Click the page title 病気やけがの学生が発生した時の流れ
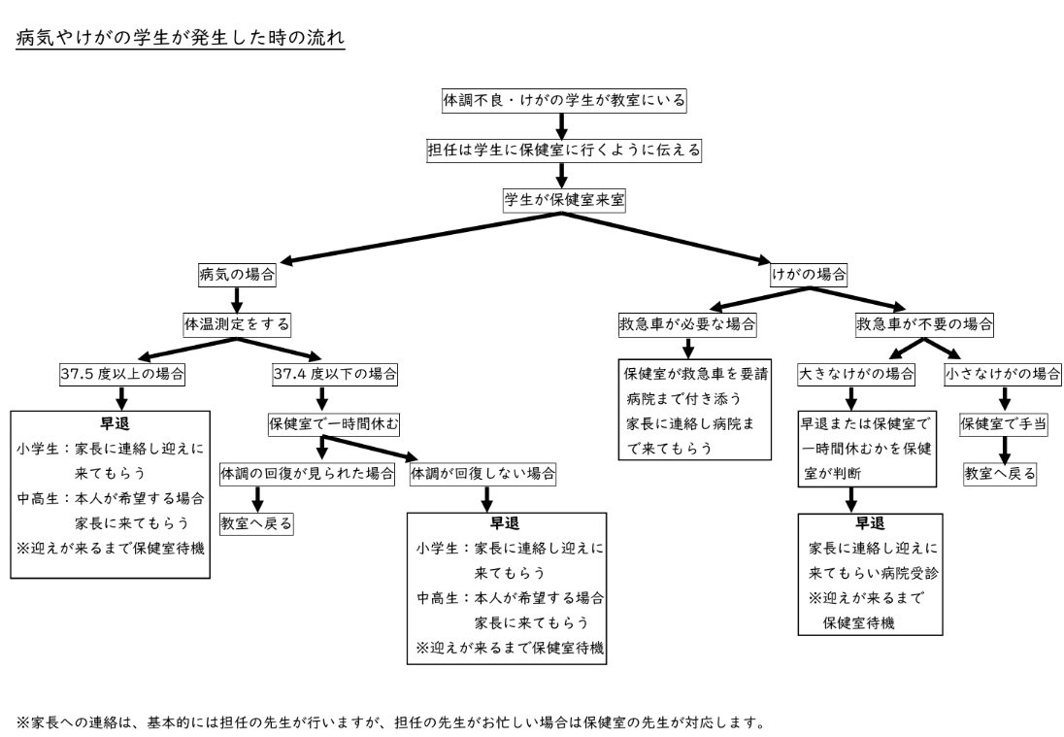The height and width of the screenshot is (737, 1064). coord(181,41)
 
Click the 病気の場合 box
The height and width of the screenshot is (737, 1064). coord(237,274)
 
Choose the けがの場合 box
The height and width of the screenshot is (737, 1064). coord(810,274)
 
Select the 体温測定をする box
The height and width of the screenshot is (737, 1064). coord(237,322)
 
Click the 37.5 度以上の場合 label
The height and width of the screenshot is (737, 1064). coord(121,374)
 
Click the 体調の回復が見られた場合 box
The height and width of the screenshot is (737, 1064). coord(308,473)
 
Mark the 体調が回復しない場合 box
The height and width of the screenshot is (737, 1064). coord(483,473)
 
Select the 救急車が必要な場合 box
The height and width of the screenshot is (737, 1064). coord(686,322)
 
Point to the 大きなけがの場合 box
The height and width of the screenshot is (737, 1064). coord(856,374)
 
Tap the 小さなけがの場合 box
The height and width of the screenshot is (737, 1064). coord(1002,374)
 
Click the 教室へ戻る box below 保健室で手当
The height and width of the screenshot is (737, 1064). coord(1000,473)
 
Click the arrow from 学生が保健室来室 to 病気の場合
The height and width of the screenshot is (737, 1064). coord(417,239)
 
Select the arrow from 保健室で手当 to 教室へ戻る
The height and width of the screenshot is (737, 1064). coord(1003,449)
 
